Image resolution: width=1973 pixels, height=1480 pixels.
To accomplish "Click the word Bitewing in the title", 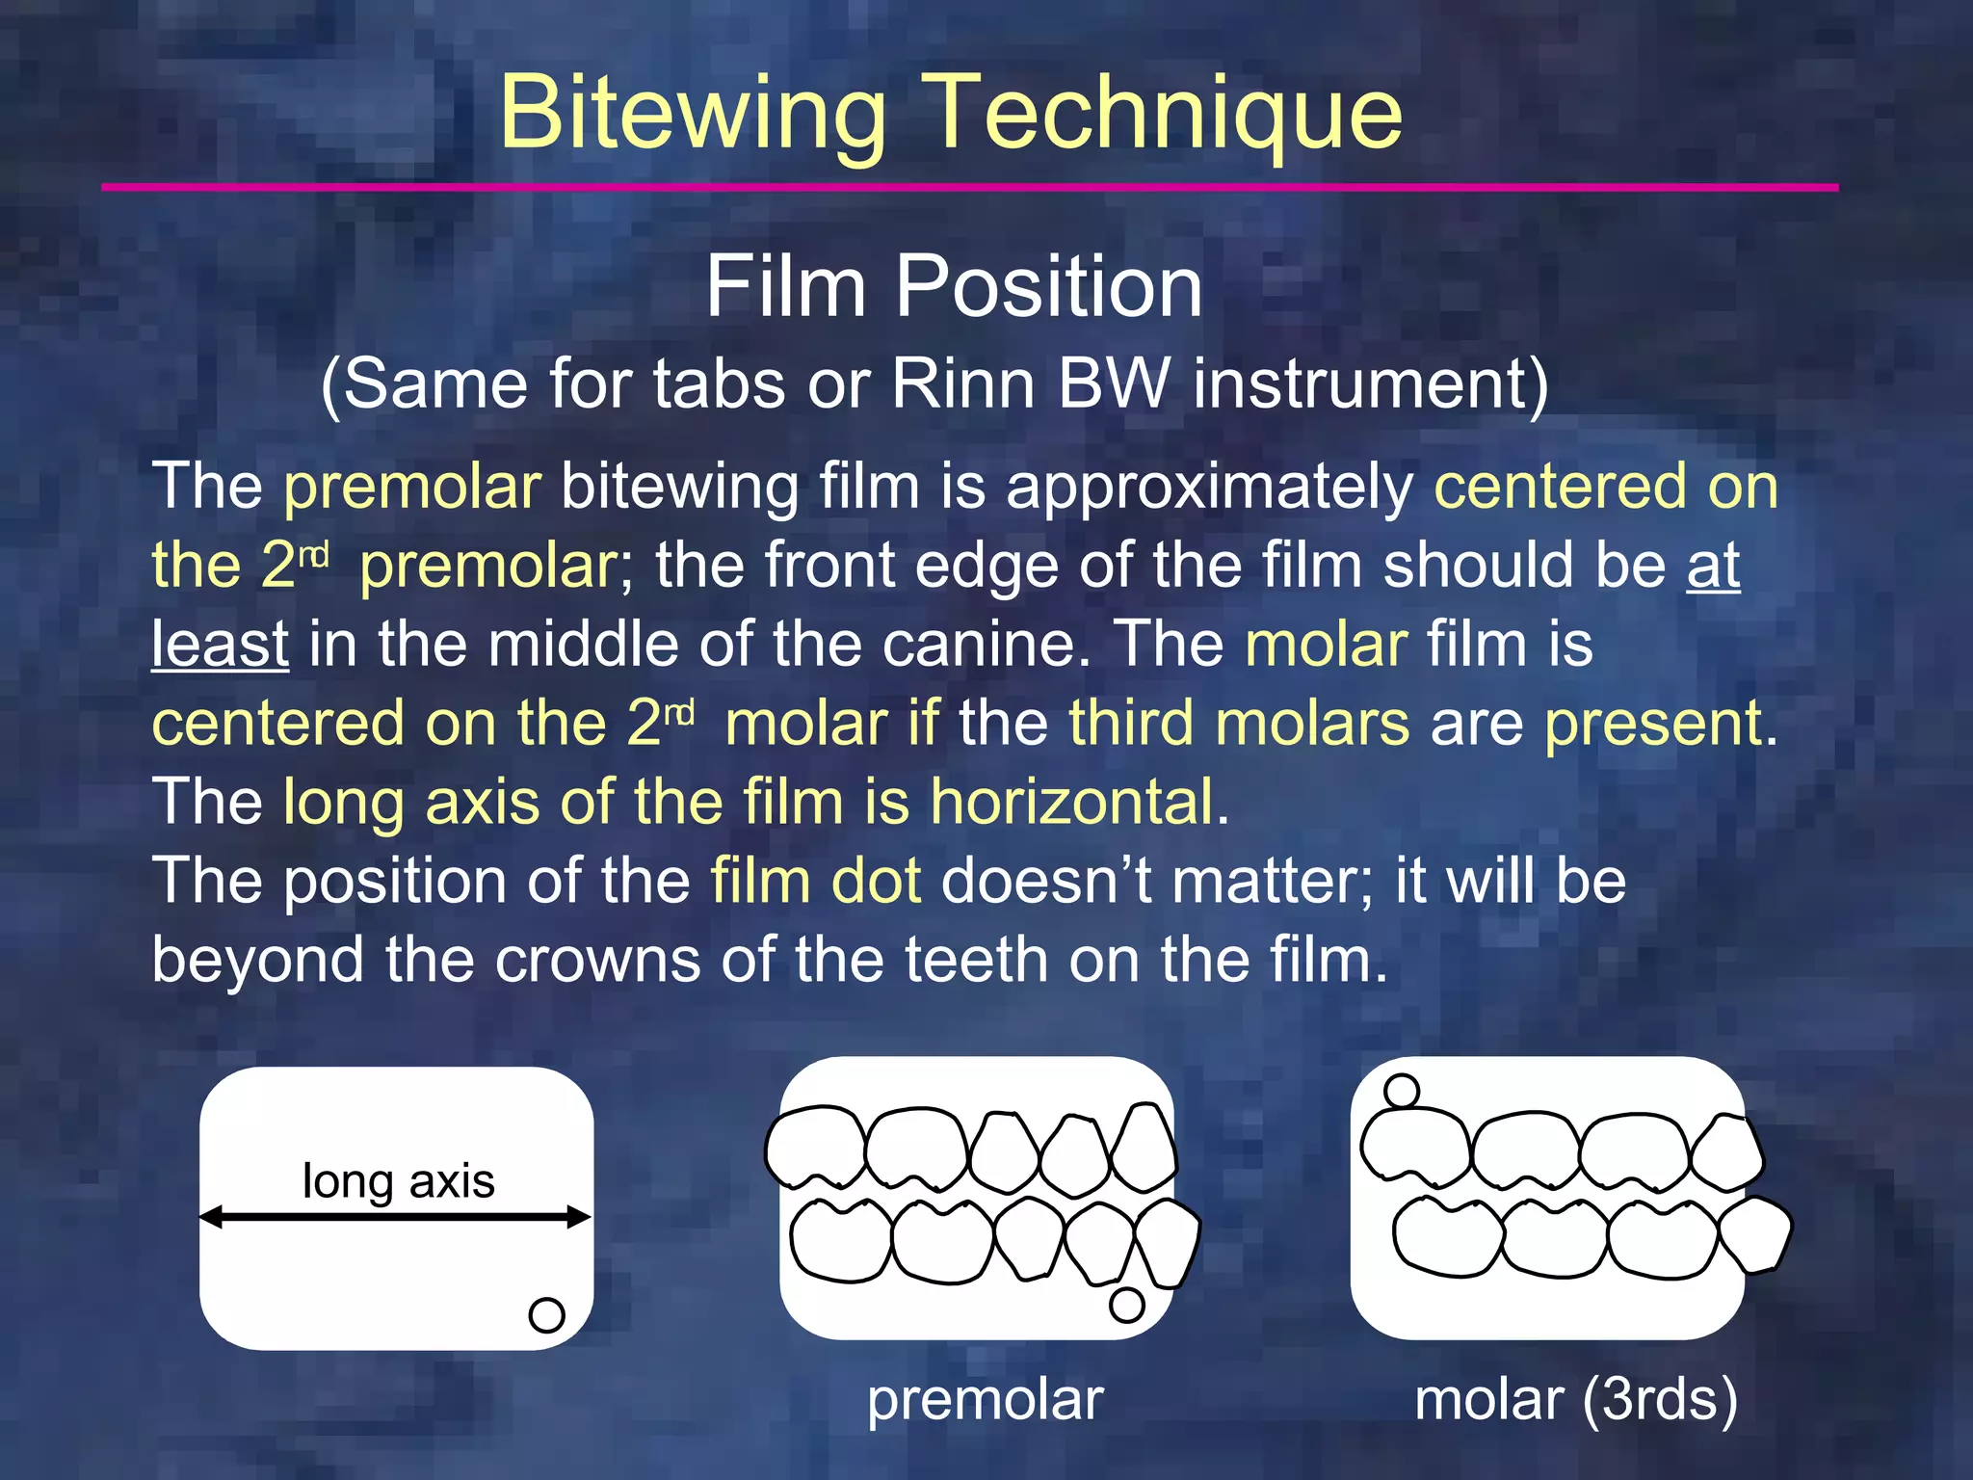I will coord(692,114).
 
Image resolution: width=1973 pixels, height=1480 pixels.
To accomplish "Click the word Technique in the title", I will coord(1163,114).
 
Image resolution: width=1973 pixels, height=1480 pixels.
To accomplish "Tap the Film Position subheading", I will coord(954,286).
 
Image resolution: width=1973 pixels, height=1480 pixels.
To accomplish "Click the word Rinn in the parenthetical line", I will coord(962,384).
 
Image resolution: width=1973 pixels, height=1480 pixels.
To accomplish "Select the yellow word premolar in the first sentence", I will coord(412,487).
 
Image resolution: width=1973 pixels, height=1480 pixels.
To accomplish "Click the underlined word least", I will coord(220,644).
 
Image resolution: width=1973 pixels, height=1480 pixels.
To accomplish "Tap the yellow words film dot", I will coord(816,881).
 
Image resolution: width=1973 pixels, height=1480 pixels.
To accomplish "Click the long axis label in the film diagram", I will coord(398,1181).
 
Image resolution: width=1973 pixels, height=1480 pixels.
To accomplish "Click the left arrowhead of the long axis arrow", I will coord(211,1217).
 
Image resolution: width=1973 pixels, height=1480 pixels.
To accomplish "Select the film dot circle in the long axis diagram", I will coord(546,1314).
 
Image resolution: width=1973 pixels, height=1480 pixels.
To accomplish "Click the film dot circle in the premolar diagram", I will coord(1126,1305).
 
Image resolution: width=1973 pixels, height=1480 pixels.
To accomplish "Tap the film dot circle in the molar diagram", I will coord(1401,1092).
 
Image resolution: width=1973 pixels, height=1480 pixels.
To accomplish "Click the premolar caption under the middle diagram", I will coord(985,1400).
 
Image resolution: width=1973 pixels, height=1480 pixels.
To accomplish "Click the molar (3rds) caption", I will coord(1576,1400).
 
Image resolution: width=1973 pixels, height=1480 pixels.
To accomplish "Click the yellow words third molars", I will coord(1239,723).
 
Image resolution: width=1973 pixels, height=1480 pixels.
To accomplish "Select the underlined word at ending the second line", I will coord(1713,566).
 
